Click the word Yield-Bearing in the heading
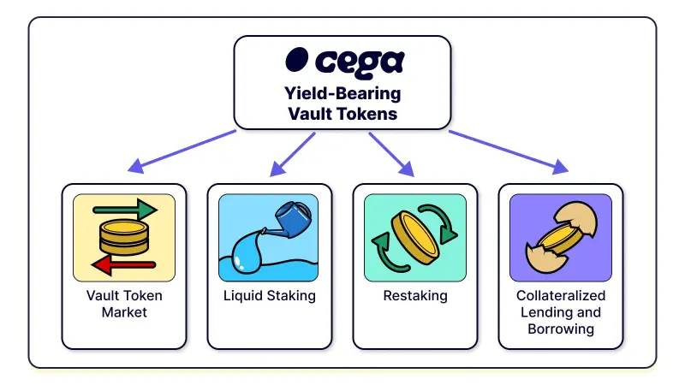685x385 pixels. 342,93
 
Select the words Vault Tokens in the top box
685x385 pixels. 342,113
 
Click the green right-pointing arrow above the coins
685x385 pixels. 124,210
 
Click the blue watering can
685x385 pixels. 290,218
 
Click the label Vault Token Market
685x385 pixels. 124,304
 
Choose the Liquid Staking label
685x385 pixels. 269,296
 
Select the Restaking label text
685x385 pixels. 414,296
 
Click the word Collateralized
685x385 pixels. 560,296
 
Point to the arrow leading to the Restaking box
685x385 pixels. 392,155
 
